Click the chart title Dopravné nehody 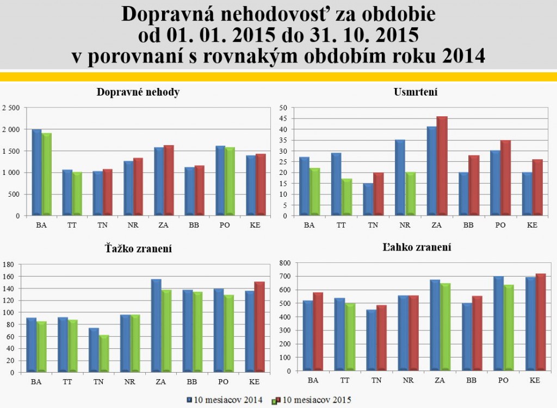pos(138,92)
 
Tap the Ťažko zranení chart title pos(138,249)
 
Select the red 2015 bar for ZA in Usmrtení pos(442,166)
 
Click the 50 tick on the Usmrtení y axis pos(283,108)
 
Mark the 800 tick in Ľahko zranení pos(282,263)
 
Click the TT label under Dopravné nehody pos(67,225)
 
